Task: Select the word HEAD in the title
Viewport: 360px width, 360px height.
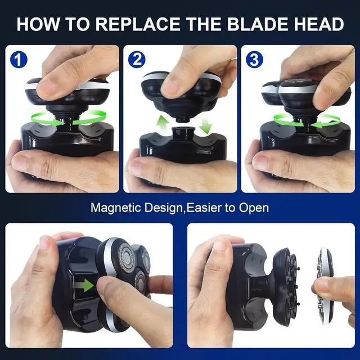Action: (317, 24)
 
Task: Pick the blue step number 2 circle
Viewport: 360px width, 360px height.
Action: (137, 59)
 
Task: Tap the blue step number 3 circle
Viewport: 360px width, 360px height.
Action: (254, 59)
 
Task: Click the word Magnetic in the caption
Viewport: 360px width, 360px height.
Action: (114, 208)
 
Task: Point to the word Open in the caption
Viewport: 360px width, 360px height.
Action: (254, 208)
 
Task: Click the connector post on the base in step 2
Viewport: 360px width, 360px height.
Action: (181, 135)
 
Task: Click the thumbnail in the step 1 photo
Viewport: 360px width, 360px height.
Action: (48, 87)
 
